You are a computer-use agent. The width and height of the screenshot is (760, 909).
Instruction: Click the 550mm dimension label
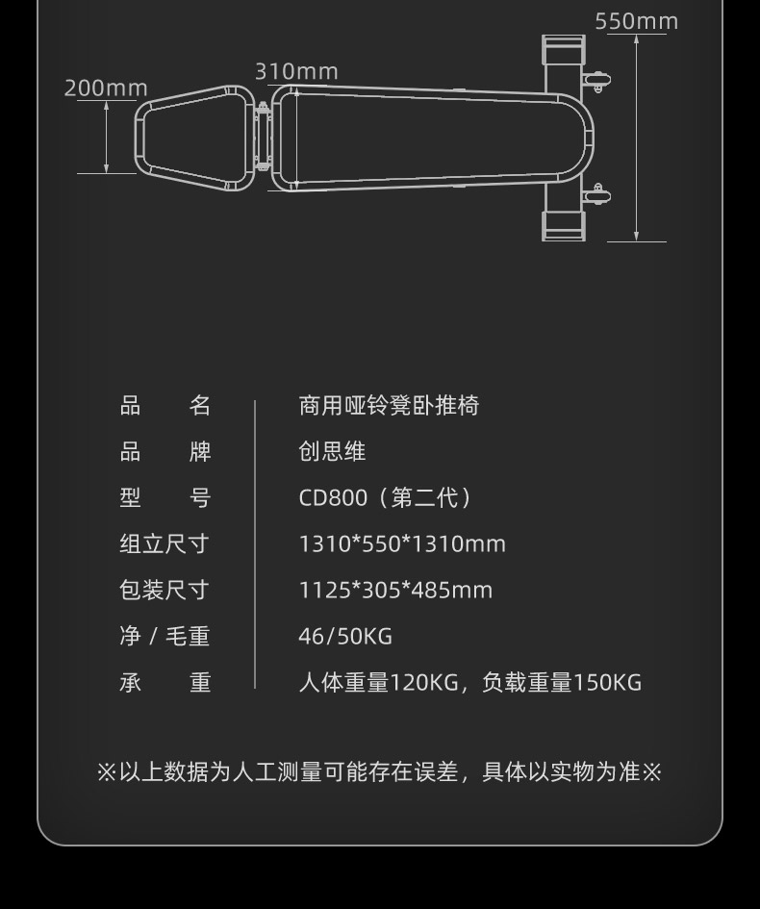pos(636,21)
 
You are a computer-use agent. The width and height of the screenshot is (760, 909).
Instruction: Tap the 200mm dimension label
pos(106,88)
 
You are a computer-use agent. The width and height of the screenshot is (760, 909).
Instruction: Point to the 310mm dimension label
pos(296,72)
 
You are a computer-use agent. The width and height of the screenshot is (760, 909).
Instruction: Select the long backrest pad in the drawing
pos(423,138)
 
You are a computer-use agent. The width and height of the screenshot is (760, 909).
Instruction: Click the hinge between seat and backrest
pos(263,136)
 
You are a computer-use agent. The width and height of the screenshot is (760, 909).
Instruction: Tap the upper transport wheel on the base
pos(597,80)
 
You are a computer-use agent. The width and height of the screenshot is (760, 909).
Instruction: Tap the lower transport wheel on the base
pos(597,195)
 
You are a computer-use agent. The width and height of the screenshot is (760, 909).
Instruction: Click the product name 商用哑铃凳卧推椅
pos(389,406)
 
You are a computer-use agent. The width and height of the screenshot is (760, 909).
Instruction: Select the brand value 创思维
pos(332,452)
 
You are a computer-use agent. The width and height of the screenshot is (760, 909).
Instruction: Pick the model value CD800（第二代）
pos(386,498)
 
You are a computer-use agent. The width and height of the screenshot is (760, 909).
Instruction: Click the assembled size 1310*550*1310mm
pos(402,544)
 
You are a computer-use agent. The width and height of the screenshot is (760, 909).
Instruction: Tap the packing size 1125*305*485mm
pos(395,591)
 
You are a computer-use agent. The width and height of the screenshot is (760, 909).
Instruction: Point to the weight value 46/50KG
pos(345,637)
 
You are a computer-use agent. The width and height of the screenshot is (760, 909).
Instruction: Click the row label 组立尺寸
pos(165,544)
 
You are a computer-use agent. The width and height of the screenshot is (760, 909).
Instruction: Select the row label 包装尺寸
pos(165,591)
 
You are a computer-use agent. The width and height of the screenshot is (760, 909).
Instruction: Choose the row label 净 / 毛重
pos(165,637)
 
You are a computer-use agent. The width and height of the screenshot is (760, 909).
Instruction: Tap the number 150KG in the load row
pos(607,683)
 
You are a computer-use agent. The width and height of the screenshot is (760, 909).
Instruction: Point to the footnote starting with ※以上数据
pos(380,772)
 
